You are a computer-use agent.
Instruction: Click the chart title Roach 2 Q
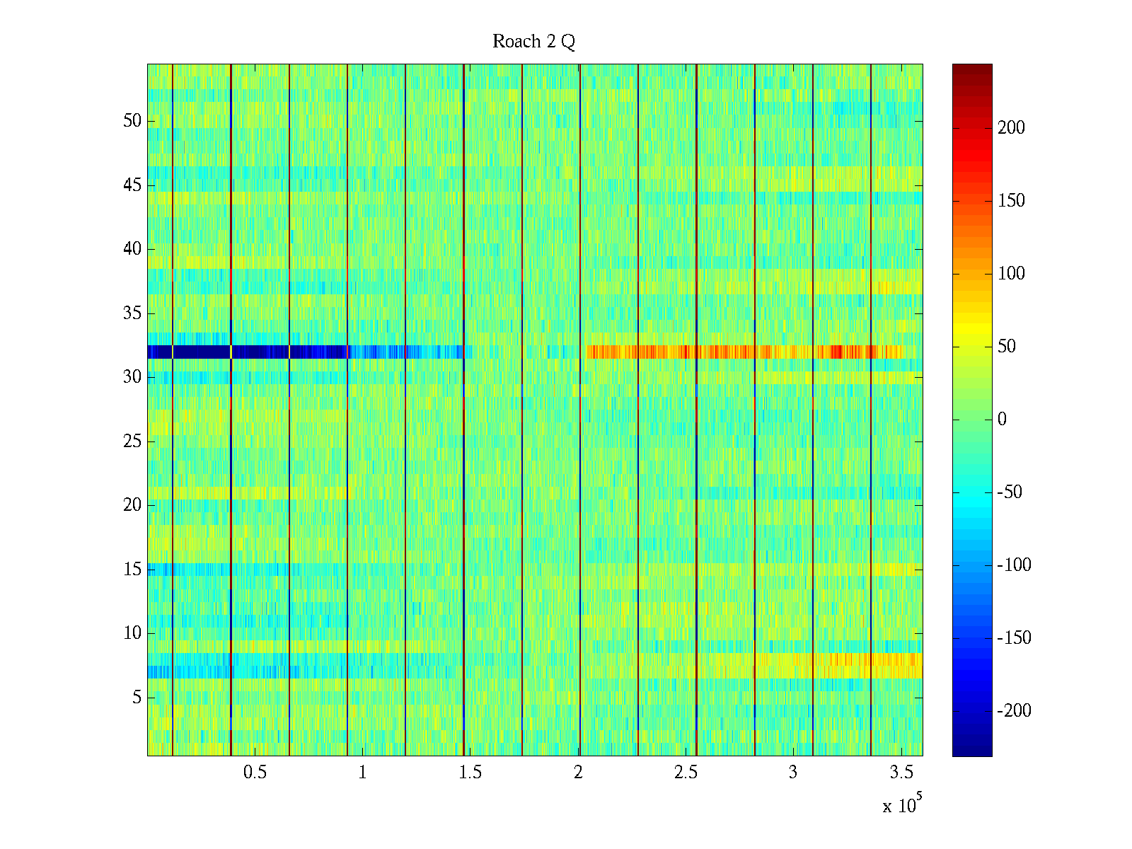(x=533, y=42)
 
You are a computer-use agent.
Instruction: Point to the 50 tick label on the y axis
(x=132, y=121)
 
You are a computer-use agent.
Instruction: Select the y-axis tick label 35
(x=132, y=313)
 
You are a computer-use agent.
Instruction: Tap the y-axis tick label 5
(x=137, y=698)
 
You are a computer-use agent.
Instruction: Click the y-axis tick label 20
(x=132, y=505)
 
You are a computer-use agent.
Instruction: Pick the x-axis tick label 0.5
(x=255, y=773)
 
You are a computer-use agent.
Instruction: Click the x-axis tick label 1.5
(x=470, y=773)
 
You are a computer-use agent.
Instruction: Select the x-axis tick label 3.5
(x=901, y=773)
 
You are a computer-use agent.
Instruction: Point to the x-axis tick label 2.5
(x=686, y=773)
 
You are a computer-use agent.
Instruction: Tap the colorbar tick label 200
(x=1011, y=128)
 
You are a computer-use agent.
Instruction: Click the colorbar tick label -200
(x=1014, y=711)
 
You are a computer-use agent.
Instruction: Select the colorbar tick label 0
(x=1002, y=420)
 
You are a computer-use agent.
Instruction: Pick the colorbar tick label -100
(x=1014, y=565)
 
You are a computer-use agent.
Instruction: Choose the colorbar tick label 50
(x=1007, y=347)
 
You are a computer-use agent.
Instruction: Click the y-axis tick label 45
(x=132, y=185)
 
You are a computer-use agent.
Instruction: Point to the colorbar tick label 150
(x=1011, y=201)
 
